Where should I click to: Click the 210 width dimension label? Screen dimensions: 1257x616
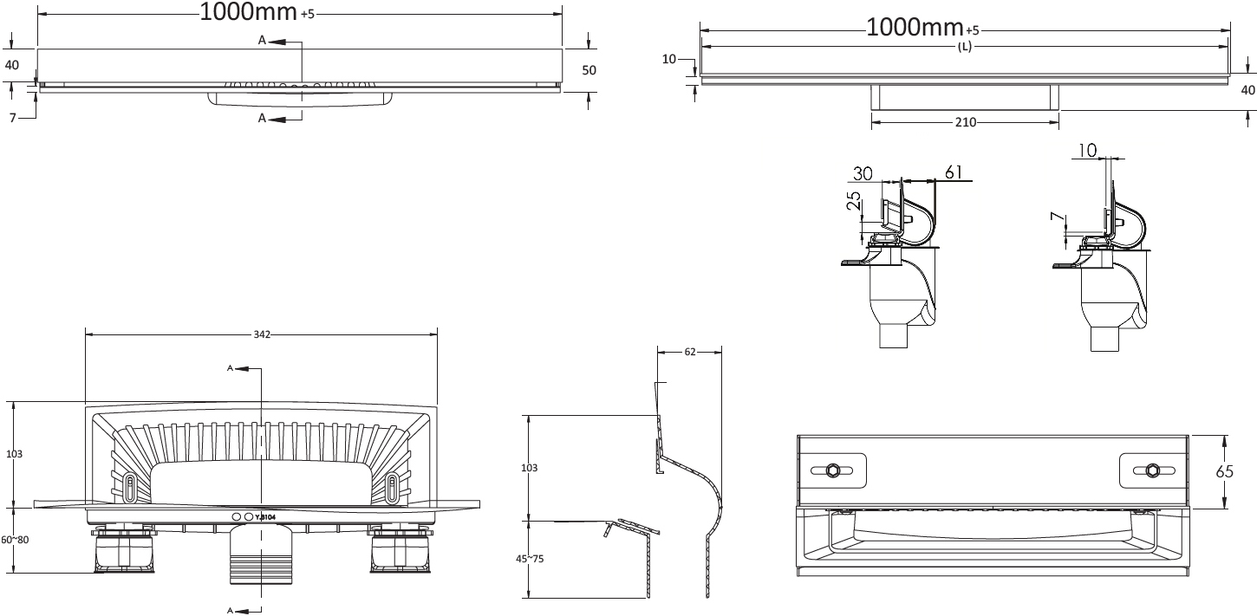pyautogui.click(x=965, y=122)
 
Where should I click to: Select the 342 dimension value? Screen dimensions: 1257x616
pyautogui.click(x=262, y=335)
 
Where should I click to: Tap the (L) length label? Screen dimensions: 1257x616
pyautogui.click(x=964, y=47)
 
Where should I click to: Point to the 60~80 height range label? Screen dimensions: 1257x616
pyautogui.click(x=15, y=540)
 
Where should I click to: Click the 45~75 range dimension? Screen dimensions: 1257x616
pyautogui.click(x=530, y=559)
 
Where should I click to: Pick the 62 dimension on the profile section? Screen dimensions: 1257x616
pyautogui.click(x=690, y=352)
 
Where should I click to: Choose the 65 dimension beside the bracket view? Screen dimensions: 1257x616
pyautogui.click(x=1224, y=472)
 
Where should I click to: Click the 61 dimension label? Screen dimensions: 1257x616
pyautogui.click(x=954, y=172)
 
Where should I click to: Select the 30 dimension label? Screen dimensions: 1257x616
pyautogui.click(x=863, y=174)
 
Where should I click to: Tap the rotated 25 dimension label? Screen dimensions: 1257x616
pyautogui.click(x=854, y=201)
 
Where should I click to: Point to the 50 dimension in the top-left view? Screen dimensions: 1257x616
pyautogui.click(x=589, y=70)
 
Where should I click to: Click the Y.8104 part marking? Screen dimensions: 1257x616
pyautogui.click(x=265, y=516)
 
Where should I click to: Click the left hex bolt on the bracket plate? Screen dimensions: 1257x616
pyautogui.click(x=830, y=470)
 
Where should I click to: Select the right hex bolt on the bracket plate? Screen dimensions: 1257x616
pyautogui.click(x=1153, y=470)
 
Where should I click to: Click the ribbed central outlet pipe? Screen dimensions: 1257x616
pyautogui.click(x=262, y=555)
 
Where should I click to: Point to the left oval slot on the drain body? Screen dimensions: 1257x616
pyautogui.click(x=130, y=486)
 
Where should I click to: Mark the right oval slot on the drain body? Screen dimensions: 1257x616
pyautogui.click(x=392, y=486)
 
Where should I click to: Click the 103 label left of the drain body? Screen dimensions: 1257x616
pyautogui.click(x=14, y=454)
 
